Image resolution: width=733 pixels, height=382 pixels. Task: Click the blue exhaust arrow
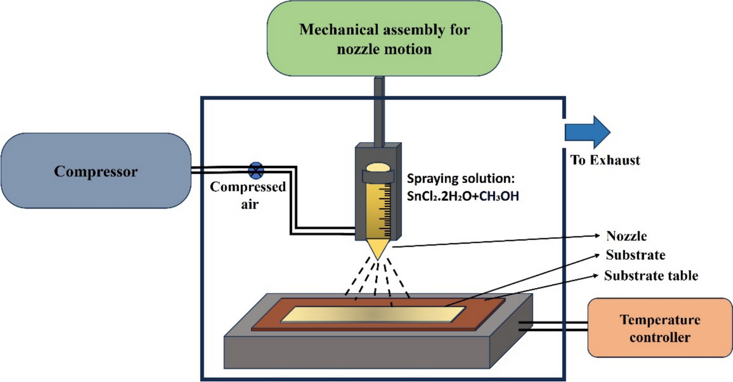[x=587, y=132]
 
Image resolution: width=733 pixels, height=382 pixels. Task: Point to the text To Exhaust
[x=605, y=160]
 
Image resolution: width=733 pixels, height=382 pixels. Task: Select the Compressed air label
[x=248, y=194]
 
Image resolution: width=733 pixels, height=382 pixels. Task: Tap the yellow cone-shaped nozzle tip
[x=378, y=248]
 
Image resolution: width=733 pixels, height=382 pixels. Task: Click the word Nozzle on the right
[x=626, y=236]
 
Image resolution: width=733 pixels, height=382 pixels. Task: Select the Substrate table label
[x=651, y=276]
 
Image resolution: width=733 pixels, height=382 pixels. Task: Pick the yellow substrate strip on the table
[x=372, y=314]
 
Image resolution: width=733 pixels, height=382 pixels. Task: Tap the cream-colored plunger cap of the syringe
[x=378, y=167]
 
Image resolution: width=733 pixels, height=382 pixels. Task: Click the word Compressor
[x=96, y=171]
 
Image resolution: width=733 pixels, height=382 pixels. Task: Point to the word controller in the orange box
[x=660, y=337]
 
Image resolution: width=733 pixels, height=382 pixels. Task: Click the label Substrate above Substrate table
[x=635, y=255]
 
